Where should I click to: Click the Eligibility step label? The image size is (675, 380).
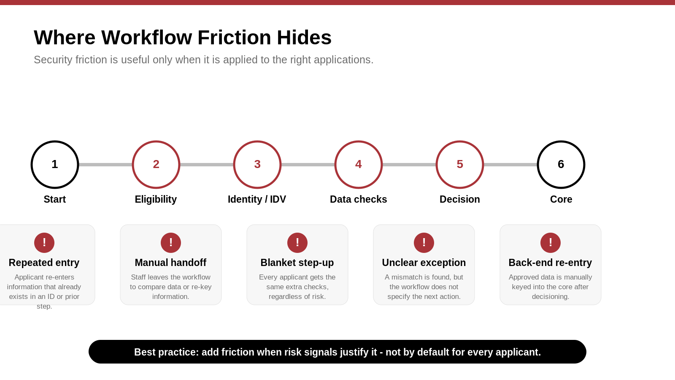click(x=156, y=199)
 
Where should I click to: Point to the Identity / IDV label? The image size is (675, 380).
click(x=257, y=199)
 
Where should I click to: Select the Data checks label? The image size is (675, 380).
click(x=358, y=199)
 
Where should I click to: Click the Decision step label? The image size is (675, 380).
click(x=459, y=199)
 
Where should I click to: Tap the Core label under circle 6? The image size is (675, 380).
click(x=561, y=199)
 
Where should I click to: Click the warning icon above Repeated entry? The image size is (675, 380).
click(x=44, y=242)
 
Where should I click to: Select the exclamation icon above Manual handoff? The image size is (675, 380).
click(x=171, y=242)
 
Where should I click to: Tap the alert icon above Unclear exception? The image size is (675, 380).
click(x=424, y=242)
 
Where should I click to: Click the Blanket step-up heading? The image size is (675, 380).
click(x=297, y=263)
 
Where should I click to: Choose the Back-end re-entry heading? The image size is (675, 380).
click(x=550, y=263)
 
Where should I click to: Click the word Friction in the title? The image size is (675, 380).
click(x=234, y=38)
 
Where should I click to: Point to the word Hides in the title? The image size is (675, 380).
click(x=304, y=38)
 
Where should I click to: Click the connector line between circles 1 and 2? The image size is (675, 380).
click(x=105, y=165)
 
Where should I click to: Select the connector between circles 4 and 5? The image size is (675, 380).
click(x=409, y=165)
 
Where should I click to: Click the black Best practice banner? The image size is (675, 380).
click(x=337, y=352)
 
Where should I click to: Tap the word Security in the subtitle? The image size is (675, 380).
click(x=53, y=60)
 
